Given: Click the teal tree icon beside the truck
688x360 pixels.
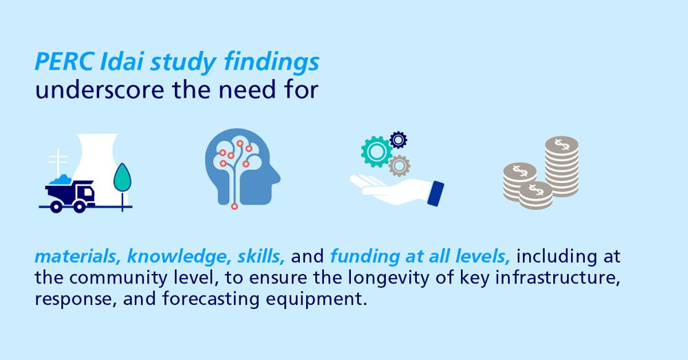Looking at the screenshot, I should (122, 178).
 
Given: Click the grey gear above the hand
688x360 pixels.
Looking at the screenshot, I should (399, 165).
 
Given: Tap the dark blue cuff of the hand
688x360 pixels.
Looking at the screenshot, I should (436, 193).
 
